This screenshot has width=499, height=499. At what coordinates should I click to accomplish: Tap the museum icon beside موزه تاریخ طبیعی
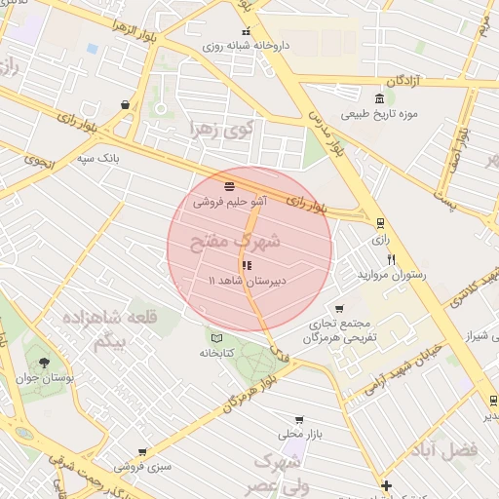pyautogui.click(x=379, y=98)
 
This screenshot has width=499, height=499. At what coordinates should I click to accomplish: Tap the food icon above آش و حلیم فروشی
pyautogui.click(x=229, y=186)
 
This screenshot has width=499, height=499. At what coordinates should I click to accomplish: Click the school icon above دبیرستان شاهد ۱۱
pyautogui.click(x=246, y=265)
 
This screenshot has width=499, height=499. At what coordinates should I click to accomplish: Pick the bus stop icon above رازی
pyautogui.click(x=380, y=222)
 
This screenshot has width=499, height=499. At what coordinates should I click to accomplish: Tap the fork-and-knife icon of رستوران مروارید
pyautogui.click(x=392, y=259)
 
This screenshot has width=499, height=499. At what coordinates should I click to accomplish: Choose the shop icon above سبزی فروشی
pyautogui.click(x=142, y=452)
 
